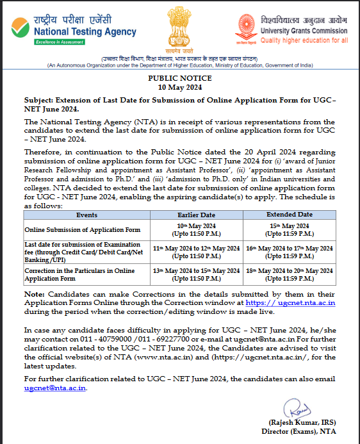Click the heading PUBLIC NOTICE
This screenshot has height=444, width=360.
pos(179,77)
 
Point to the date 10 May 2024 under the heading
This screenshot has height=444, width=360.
pos(179,86)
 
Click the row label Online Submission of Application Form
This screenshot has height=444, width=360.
pos(74,229)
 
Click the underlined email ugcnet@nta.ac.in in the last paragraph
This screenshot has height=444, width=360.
pos(54,388)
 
